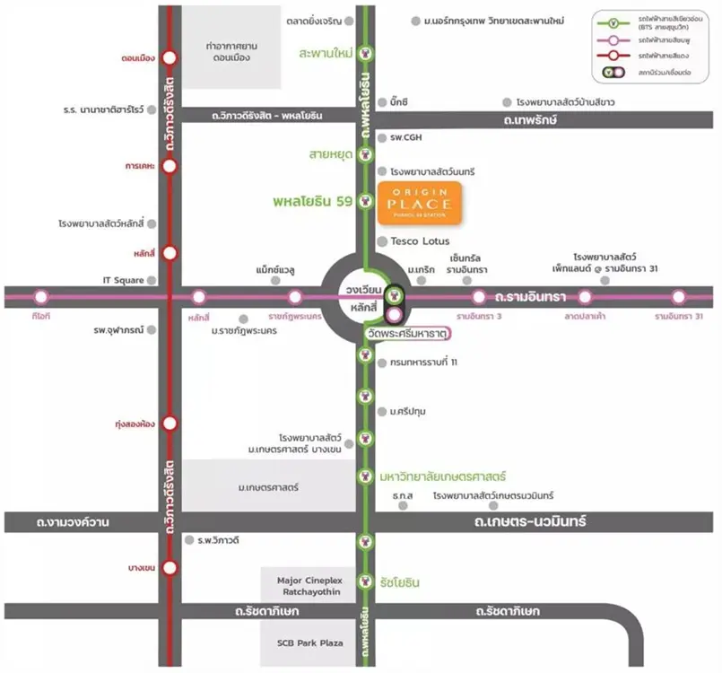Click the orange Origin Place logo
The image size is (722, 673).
[x=420, y=204]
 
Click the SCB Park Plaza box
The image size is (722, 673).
[x=307, y=642]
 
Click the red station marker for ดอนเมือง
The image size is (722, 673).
[x=170, y=58]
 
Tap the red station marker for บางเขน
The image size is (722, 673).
[x=170, y=568]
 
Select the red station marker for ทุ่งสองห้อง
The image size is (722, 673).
[x=170, y=424]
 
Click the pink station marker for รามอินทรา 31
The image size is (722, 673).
[x=679, y=296]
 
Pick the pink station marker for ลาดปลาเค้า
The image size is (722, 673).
[x=585, y=296]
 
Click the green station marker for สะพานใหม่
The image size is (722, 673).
[x=365, y=53]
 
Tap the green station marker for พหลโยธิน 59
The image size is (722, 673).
[x=365, y=201]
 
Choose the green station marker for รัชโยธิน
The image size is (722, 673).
[x=365, y=581]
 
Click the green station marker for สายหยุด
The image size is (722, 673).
[x=365, y=154]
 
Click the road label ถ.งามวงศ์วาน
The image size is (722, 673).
[x=74, y=522]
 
